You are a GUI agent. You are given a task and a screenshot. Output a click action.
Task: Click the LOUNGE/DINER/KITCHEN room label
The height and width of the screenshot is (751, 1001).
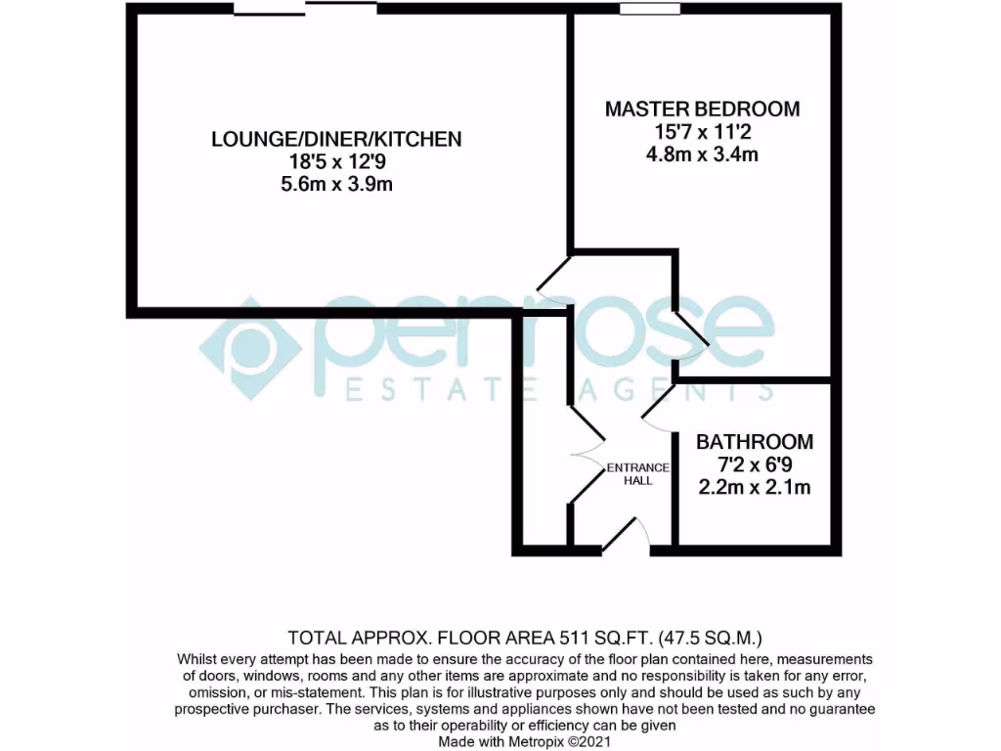point(336,139)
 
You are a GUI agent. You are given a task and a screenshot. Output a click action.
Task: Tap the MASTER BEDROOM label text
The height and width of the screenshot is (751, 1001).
point(702,109)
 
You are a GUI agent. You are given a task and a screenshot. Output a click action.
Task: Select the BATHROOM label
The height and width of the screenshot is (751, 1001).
point(754,442)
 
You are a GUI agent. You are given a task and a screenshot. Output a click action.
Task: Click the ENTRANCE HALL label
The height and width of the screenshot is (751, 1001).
point(637,473)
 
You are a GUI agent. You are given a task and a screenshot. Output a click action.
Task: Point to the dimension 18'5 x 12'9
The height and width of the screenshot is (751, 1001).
point(336,161)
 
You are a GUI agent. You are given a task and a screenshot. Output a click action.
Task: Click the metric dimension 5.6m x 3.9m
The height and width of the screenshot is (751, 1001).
point(336,184)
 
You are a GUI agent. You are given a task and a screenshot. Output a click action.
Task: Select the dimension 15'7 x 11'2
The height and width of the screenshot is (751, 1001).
point(702,131)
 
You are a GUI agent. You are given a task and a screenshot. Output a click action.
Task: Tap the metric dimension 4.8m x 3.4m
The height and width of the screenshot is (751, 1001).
point(702,154)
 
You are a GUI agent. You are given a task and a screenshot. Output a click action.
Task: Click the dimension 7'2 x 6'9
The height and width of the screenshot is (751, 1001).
point(754,464)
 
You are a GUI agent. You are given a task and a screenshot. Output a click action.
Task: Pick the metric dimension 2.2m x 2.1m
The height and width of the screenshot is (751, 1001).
point(754,487)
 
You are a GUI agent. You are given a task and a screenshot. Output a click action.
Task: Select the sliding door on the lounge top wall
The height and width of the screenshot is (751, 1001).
point(305,10)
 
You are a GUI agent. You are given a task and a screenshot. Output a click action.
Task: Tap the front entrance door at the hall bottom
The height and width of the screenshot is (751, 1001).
point(626,536)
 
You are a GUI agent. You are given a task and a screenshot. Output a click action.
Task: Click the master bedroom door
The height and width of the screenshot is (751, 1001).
point(692,324)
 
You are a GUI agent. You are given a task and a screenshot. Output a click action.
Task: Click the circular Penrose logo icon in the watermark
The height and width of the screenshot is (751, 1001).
point(248,348)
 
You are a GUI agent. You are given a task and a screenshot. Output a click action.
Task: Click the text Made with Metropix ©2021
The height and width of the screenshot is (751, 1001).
point(525,741)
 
